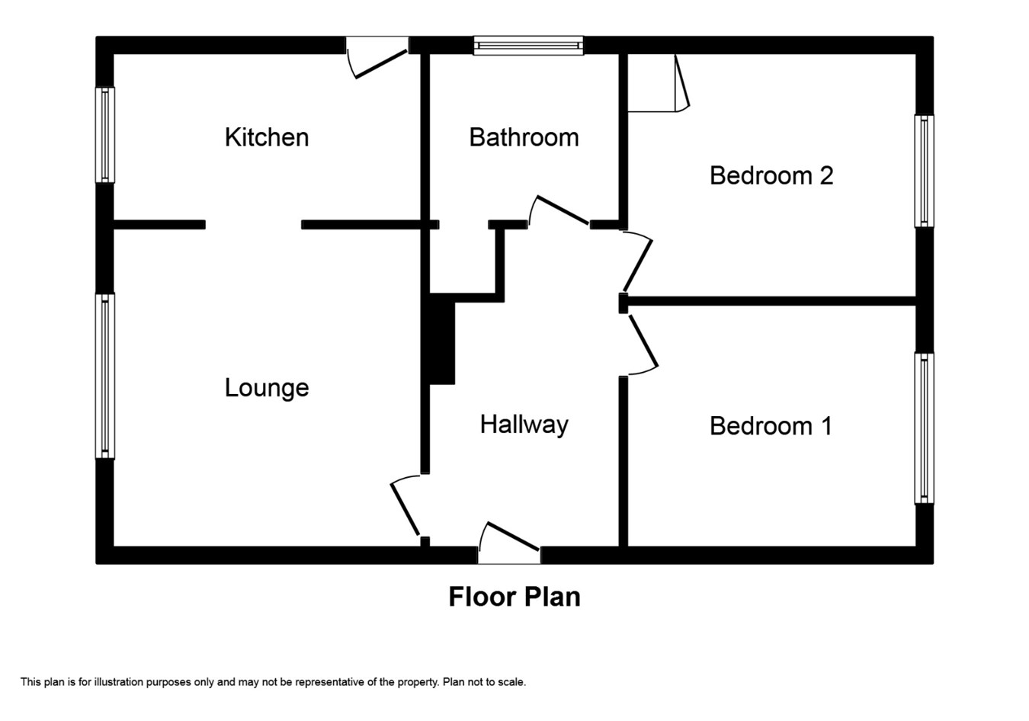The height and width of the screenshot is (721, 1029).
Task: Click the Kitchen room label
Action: [267, 137]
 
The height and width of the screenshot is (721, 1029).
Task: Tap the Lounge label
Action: [267, 389]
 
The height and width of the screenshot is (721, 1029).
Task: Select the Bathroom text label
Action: [524, 137]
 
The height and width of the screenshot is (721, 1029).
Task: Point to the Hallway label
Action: [524, 425]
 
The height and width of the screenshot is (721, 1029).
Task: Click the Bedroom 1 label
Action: [771, 426]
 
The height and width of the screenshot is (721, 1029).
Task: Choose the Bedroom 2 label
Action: [771, 175]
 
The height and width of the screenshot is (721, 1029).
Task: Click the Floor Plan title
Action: [514, 597]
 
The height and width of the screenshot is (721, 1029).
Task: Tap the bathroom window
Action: [528, 46]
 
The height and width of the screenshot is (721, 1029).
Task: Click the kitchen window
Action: [105, 135]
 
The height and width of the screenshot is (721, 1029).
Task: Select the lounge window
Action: [105, 376]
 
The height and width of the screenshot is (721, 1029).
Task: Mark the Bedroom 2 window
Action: [925, 171]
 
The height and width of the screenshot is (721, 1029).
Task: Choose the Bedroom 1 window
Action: [925, 428]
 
